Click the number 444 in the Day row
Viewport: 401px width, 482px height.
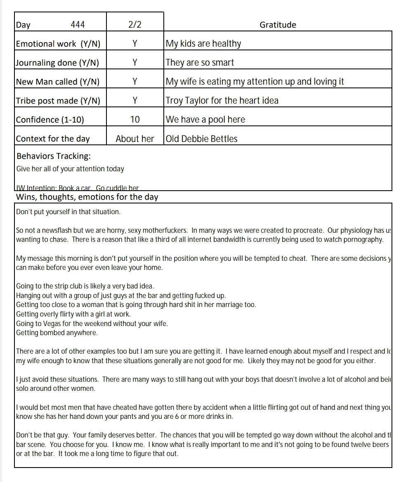tap(78, 25)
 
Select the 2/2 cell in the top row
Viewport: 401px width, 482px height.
tap(135, 25)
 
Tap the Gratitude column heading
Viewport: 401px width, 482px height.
tap(278, 25)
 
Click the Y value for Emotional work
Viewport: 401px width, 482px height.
tap(135, 44)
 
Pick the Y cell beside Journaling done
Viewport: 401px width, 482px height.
tap(135, 63)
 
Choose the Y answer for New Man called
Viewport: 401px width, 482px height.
tap(135, 82)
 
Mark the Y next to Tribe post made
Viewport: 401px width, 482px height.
tap(135, 101)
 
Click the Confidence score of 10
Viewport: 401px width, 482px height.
tap(135, 120)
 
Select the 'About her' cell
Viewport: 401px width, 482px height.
tap(135, 139)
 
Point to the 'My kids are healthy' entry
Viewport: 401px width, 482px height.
tap(203, 44)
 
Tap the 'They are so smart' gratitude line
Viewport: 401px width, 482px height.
tap(200, 63)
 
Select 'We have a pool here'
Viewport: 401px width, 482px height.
tap(205, 120)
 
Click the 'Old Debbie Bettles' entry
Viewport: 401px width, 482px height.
tap(202, 139)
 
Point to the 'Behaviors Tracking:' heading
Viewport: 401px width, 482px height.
tap(54, 156)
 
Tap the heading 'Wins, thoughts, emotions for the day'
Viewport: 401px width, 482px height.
tap(87, 197)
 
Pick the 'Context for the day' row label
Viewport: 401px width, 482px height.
tap(53, 139)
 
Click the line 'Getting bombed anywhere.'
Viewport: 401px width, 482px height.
tap(57, 333)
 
